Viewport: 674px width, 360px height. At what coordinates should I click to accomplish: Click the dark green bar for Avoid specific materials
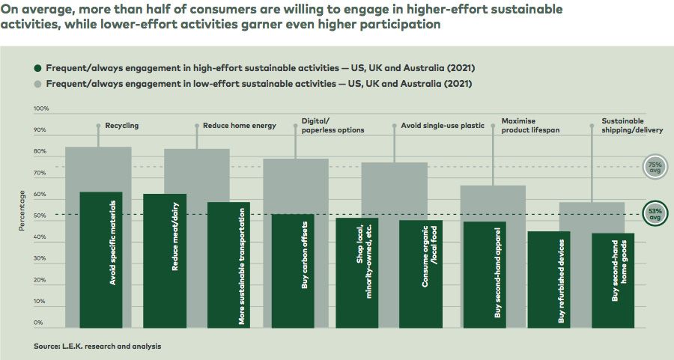coord(100,260)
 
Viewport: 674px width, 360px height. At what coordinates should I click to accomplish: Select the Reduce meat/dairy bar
coord(165,260)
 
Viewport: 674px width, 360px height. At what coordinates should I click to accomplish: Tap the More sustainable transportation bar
coord(228,265)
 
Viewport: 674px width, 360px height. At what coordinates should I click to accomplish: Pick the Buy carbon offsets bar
coord(292,271)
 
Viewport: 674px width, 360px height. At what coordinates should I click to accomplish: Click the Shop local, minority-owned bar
coord(356,272)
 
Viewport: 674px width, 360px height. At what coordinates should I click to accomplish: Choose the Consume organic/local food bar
coord(420,274)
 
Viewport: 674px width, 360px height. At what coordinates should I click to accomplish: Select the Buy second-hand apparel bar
coord(485,275)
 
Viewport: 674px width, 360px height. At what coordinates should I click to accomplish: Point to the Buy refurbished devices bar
coord(549,279)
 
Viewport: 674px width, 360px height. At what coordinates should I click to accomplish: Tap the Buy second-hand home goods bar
coord(613,281)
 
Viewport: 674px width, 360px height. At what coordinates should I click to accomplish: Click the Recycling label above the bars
coord(121,126)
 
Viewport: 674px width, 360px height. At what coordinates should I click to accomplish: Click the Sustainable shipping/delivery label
coord(622,125)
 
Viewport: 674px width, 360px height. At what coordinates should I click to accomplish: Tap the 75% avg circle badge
coord(655,167)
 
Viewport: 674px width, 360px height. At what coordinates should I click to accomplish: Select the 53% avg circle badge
coord(655,215)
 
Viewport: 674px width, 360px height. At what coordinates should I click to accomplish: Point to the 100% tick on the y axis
coord(41,109)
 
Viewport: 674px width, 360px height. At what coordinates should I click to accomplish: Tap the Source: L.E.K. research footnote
coord(97,347)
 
